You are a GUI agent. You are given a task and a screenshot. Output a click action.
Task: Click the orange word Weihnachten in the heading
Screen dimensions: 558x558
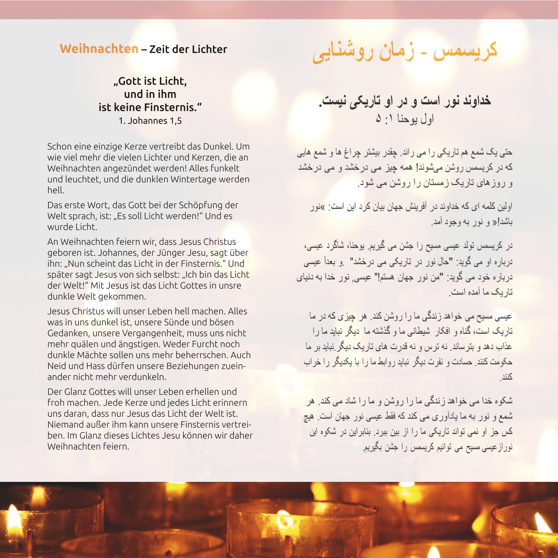click(99, 49)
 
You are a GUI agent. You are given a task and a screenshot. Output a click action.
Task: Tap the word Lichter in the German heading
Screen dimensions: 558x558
click(207, 49)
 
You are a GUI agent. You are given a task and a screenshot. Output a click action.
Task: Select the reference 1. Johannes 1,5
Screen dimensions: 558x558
click(150, 121)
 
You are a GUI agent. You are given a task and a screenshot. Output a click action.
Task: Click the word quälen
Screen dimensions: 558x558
click(83, 344)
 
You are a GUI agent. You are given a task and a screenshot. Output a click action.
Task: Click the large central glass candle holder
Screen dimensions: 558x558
click(301, 529)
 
